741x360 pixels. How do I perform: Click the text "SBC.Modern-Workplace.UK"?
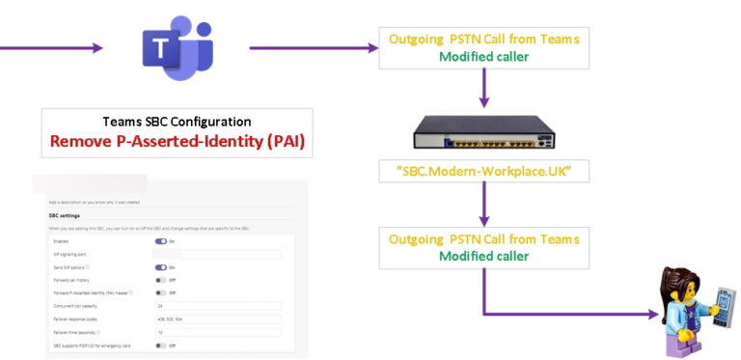[483, 171]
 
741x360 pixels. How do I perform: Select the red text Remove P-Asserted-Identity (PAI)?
[177, 141]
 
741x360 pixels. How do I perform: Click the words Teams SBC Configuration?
[177, 122]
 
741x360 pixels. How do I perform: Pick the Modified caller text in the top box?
[483, 57]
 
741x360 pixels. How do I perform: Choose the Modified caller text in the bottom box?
[483, 256]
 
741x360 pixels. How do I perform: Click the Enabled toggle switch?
[160, 241]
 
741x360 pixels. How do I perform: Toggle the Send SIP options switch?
[160, 266]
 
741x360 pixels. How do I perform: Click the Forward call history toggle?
[160, 279]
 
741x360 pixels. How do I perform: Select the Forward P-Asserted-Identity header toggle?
[160, 291]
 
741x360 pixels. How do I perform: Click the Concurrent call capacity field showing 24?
[217, 305]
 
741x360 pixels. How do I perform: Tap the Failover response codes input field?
[217, 318]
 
